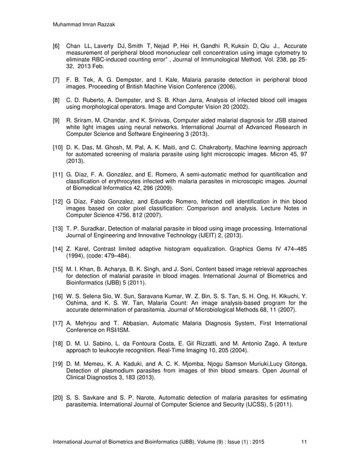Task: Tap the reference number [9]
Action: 57,120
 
